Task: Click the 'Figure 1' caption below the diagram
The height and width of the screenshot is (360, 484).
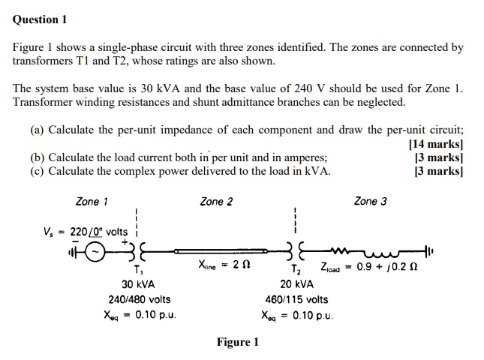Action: tap(237, 342)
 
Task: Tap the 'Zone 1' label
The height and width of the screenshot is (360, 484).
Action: tap(92, 201)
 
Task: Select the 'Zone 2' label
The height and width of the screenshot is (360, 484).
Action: tap(217, 201)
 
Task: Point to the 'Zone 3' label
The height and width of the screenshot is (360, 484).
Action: tap(371, 201)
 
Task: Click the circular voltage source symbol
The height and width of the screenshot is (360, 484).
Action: tap(94, 251)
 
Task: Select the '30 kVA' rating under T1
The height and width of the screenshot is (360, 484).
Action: tap(138, 285)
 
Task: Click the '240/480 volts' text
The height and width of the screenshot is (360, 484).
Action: tap(140, 299)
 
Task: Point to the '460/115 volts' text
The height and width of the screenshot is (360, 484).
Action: tap(298, 299)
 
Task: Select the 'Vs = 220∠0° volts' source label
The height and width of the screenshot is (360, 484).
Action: tap(85, 231)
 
